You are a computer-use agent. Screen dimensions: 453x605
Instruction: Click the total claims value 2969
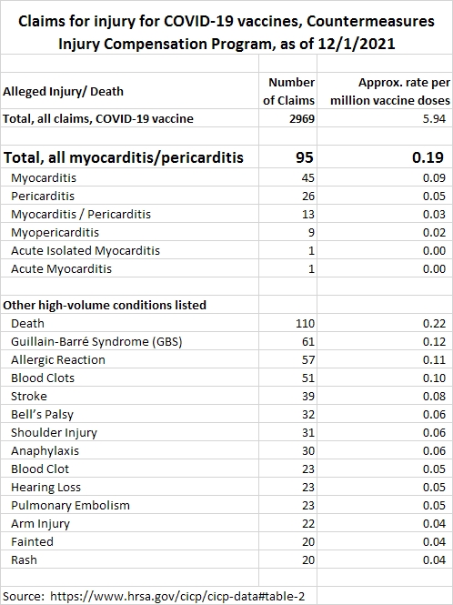(x=302, y=118)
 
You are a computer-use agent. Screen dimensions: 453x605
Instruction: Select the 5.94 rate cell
(x=434, y=118)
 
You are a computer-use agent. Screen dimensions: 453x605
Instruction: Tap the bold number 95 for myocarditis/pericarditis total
(x=305, y=157)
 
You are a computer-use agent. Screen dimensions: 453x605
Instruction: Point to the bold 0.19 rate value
(x=428, y=157)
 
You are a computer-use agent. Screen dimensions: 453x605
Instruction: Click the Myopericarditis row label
(x=55, y=232)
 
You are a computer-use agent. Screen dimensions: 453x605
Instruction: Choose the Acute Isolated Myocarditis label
(x=86, y=250)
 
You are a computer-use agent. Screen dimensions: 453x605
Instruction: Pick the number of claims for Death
(x=305, y=323)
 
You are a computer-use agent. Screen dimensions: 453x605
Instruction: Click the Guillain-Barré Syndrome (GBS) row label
(x=96, y=341)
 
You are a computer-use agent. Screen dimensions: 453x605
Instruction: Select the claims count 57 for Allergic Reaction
(x=308, y=359)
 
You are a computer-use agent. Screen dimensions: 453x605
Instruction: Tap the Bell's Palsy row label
(x=42, y=414)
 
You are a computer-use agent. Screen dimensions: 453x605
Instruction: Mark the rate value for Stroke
(x=434, y=397)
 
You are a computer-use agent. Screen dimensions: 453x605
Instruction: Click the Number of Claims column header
(x=288, y=92)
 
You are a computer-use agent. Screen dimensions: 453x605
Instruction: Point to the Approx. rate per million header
(x=390, y=92)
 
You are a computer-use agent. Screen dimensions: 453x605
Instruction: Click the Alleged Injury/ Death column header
(x=64, y=92)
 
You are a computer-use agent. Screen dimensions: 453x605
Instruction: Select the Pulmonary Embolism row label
(x=70, y=506)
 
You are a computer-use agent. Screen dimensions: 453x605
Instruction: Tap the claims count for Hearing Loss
(x=308, y=488)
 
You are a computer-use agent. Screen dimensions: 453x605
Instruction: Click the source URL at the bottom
(x=177, y=596)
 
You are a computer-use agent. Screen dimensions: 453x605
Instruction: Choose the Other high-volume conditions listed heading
(x=105, y=305)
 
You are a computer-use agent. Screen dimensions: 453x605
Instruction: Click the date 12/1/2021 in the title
(x=357, y=44)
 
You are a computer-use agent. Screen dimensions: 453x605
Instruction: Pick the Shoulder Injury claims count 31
(x=308, y=432)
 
